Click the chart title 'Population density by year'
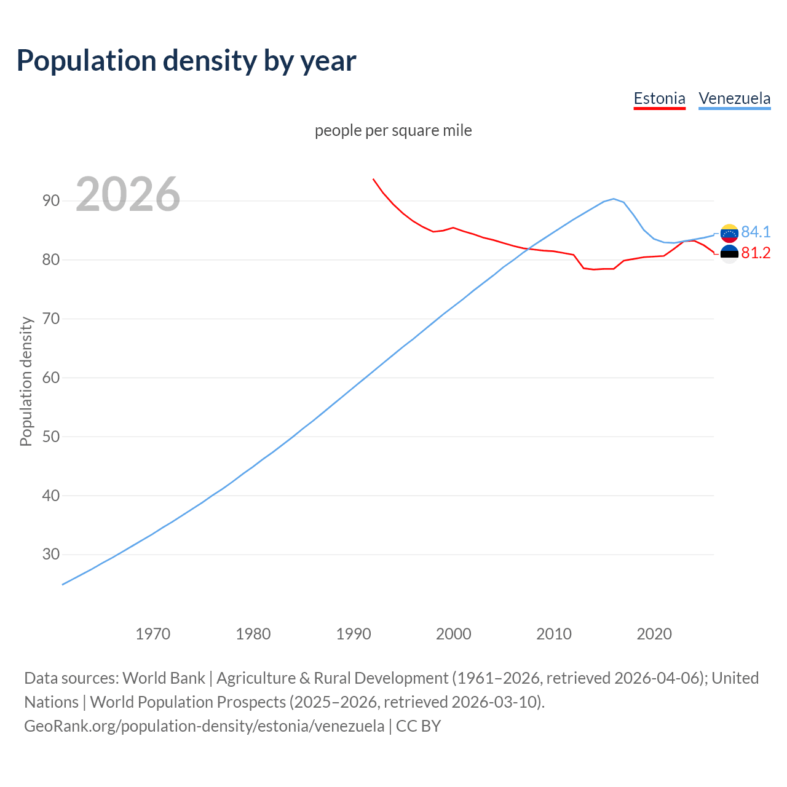click(x=186, y=60)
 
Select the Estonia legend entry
click(x=659, y=98)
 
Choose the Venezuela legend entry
click(x=734, y=98)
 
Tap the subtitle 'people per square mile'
click(x=393, y=130)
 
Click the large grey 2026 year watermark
click(x=128, y=194)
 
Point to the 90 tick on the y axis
click(x=51, y=201)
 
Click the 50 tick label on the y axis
click(x=51, y=437)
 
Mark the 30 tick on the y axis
click(x=51, y=555)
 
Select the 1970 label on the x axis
click(x=153, y=634)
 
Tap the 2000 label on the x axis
click(x=454, y=634)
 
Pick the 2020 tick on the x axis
click(x=654, y=634)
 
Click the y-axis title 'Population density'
click(x=26, y=381)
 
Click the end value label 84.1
click(x=756, y=232)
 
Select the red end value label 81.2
click(x=756, y=253)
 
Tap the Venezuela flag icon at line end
click(x=729, y=233)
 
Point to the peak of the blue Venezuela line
click(x=614, y=199)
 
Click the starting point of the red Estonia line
click(x=373, y=179)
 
